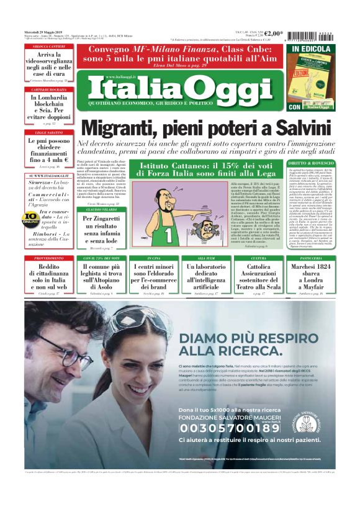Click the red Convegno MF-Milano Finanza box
point(179,55)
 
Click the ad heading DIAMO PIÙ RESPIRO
point(233,344)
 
